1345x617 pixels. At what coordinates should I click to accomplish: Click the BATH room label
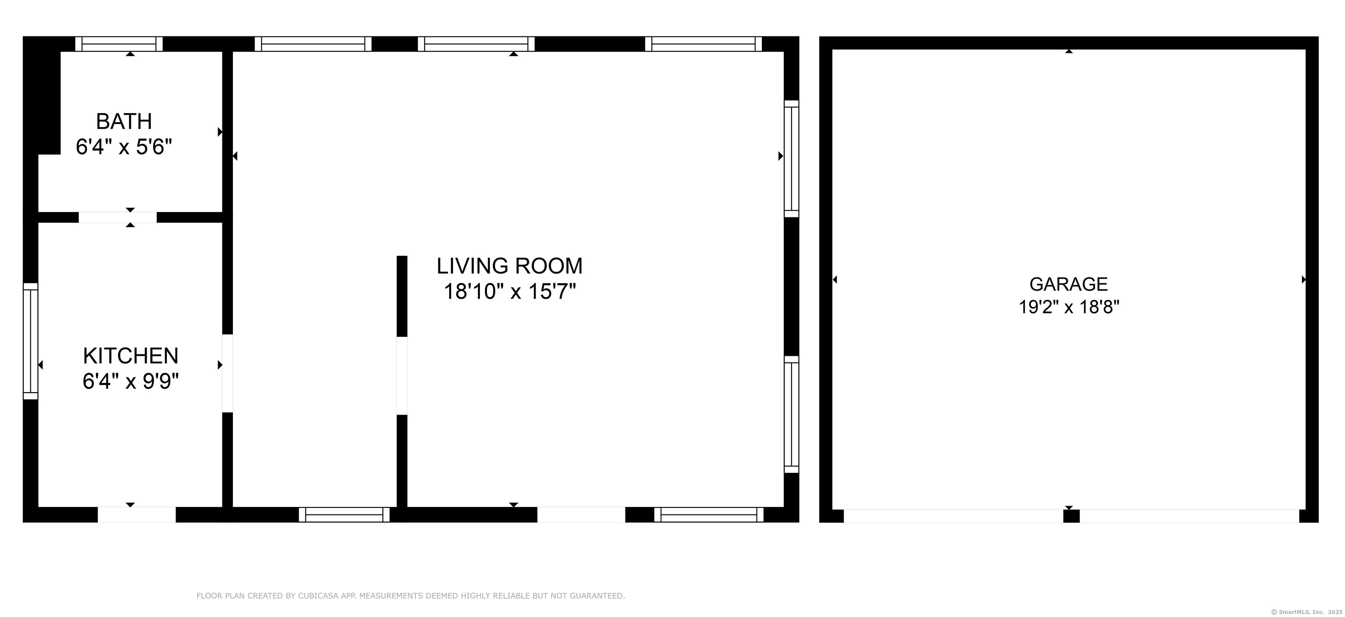pos(124,121)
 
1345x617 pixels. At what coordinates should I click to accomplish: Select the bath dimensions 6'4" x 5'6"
pos(124,147)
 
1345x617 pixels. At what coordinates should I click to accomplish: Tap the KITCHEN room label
pos(130,356)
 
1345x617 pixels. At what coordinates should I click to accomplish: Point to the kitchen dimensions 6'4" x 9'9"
pos(130,381)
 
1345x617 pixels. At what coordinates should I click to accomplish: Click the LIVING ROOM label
pos(510,266)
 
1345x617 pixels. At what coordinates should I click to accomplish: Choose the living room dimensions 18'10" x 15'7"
pos(510,291)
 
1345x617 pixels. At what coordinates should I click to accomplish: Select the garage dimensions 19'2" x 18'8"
pos(1069,307)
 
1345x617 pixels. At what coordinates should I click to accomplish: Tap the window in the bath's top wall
pos(119,44)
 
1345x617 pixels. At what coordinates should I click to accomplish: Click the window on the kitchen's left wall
pos(31,341)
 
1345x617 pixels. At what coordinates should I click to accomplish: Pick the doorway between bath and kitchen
pos(117,217)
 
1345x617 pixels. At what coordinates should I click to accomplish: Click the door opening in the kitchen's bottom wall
pos(137,514)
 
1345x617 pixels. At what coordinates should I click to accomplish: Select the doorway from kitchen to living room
pos(228,373)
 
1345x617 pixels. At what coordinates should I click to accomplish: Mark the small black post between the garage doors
pos(1071,516)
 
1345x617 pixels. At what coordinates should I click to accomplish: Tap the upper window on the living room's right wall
pos(792,158)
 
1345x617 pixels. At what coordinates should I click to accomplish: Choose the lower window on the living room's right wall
pos(792,414)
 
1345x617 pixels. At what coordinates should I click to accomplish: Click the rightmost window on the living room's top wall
pos(703,44)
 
